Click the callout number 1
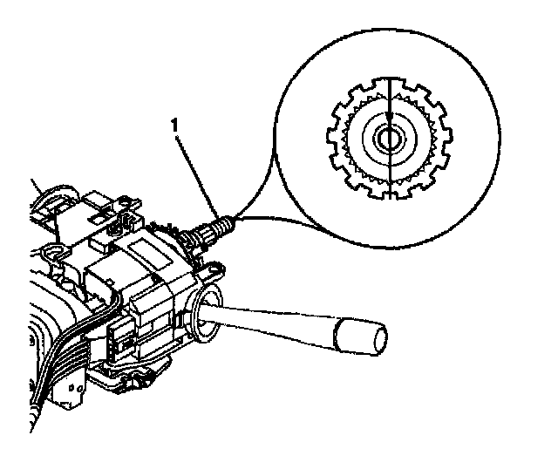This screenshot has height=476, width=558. click(x=178, y=127)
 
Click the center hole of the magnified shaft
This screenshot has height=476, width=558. click(x=388, y=139)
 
